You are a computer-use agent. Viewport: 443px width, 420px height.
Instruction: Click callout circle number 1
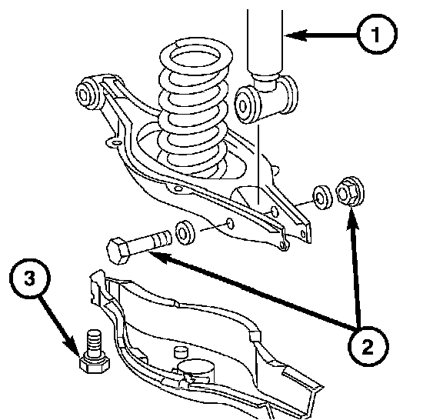click(377, 34)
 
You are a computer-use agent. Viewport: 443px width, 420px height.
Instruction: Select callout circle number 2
click(368, 346)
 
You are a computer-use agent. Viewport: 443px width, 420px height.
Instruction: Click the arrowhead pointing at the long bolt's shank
click(161, 257)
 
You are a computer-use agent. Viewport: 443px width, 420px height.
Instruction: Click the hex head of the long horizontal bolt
click(118, 251)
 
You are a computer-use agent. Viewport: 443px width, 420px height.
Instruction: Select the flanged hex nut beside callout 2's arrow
click(350, 192)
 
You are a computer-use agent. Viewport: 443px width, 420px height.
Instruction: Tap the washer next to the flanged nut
click(322, 197)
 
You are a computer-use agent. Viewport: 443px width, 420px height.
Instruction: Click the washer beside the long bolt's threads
click(185, 232)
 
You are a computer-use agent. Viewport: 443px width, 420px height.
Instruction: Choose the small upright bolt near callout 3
click(95, 351)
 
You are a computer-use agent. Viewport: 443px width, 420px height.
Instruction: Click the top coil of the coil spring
click(196, 56)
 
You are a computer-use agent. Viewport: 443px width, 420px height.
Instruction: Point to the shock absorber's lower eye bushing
click(246, 105)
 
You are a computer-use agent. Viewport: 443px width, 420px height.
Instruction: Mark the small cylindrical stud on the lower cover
click(181, 352)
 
